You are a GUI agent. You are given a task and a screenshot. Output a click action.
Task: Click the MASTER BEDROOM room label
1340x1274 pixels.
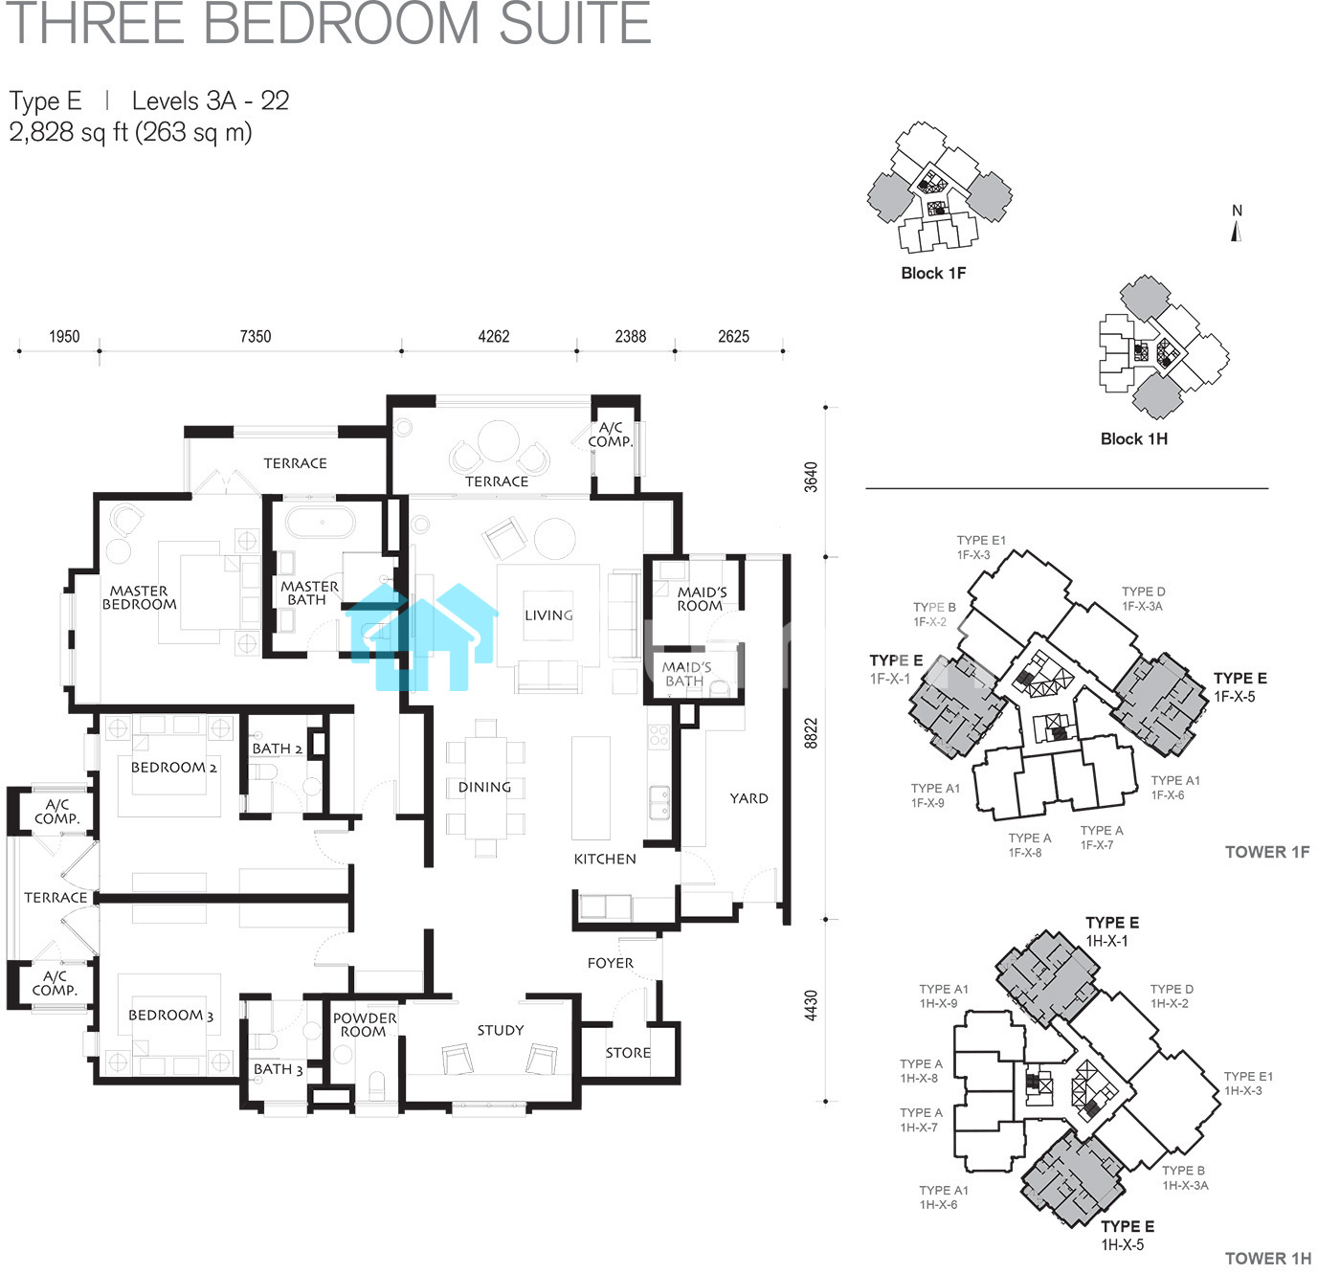point(139,597)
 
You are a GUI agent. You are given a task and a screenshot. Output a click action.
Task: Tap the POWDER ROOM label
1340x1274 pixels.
point(364,1024)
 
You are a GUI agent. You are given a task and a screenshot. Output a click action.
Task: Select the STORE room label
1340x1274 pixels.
point(628,1053)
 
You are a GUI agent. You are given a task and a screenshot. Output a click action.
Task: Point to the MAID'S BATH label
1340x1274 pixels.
point(685,674)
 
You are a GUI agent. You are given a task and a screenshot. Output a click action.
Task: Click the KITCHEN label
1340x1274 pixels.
point(605,859)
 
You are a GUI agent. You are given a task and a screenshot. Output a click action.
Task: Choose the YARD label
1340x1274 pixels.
point(748,798)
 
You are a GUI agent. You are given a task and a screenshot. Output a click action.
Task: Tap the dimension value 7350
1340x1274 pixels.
point(256,336)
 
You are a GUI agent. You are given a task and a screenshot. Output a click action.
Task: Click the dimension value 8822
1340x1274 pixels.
point(811,733)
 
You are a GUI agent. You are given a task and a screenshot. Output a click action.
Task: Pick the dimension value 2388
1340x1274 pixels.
point(631,336)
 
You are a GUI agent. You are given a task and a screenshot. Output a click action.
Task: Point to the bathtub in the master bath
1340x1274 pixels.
point(321,523)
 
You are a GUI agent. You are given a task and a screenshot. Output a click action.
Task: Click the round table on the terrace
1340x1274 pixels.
point(499,441)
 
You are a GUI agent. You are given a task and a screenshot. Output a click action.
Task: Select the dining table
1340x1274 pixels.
point(486,788)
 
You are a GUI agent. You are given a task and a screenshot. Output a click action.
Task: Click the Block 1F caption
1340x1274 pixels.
point(933,274)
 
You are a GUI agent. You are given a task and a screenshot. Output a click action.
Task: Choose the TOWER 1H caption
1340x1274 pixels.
point(1268,1259)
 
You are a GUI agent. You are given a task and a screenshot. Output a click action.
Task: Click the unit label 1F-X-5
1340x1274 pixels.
point(1235,697)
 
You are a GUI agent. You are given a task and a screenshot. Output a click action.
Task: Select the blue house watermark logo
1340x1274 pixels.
point(422,637)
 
